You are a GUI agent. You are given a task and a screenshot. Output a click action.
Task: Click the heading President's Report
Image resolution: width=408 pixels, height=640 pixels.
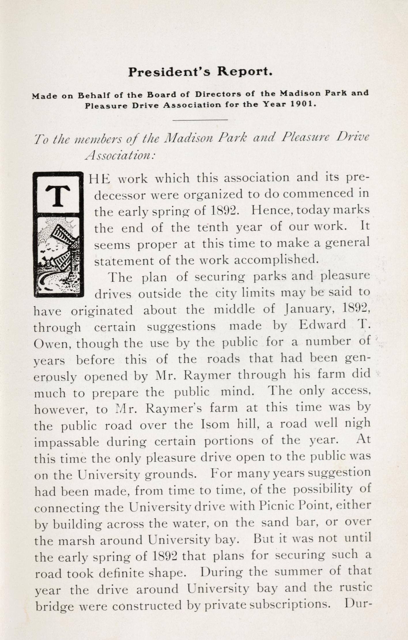[x=200, y=72]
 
